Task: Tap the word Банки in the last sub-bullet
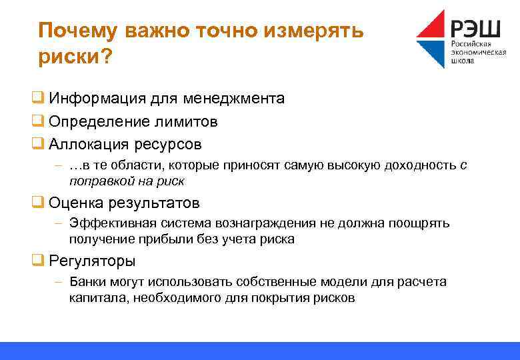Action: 87,282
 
